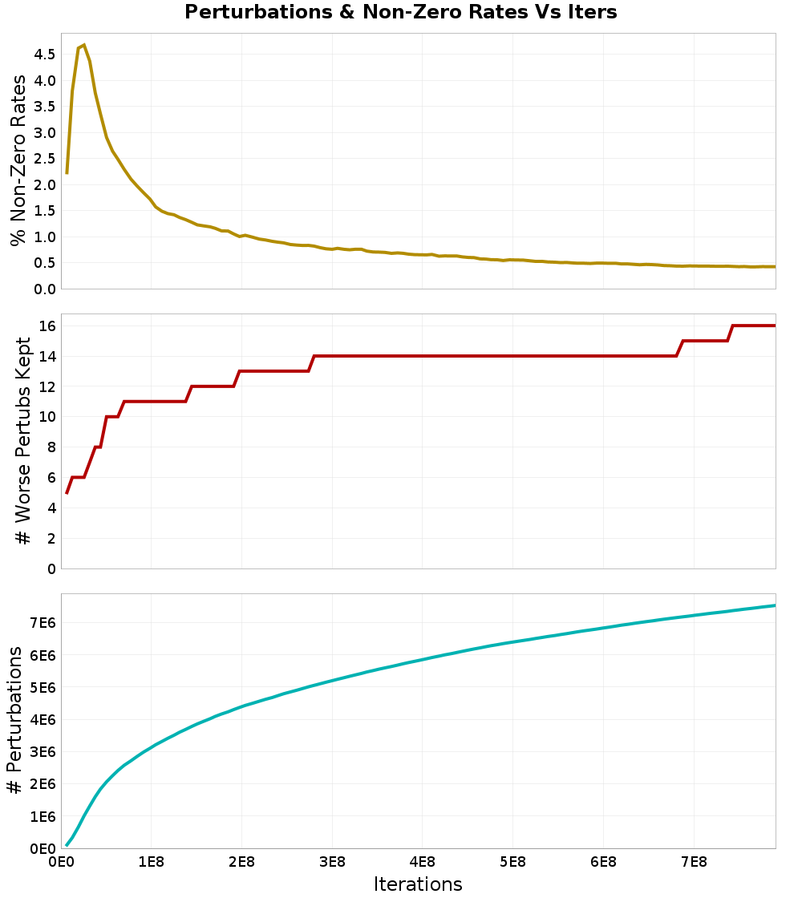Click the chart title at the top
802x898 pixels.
(x=401, y=13)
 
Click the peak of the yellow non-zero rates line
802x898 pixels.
(x=83, y=45)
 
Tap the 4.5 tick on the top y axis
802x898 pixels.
(x=45, y=55)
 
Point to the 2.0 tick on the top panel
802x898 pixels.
(x=45, y=184)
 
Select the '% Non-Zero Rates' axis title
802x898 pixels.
(x=18, y=160)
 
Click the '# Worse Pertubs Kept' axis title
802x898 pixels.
(x=23, y=441)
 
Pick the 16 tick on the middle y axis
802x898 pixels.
(x=47, y=326)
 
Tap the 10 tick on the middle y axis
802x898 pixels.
(x=47, y=417)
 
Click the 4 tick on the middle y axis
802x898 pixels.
(x=51, y=508)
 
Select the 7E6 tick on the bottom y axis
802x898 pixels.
(x=42, y=623)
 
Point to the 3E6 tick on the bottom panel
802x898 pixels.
(x=42, y=752)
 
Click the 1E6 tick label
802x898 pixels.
(x=42, y=816)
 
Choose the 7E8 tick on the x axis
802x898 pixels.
(x=694, y=863)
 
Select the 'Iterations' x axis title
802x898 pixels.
(x=418, y=884)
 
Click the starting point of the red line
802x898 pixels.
(x=67, y=493)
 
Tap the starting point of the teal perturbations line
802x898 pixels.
(x=67, y=844)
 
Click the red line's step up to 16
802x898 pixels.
(x=731, y=333)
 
